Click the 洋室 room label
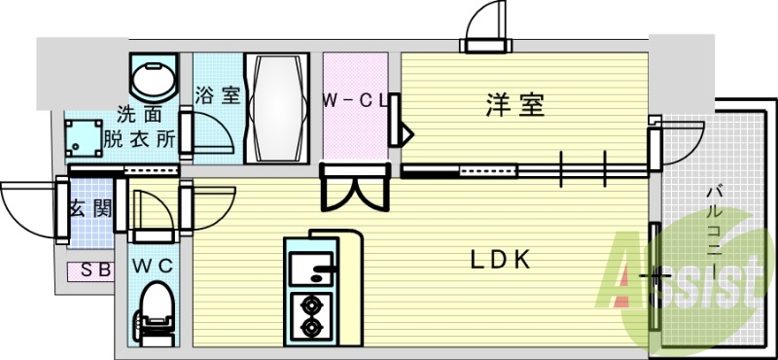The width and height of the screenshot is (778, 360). (x=514, y=105)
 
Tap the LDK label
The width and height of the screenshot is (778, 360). (x=500, y=260)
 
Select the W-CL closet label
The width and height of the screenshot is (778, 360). (x=356, y=99)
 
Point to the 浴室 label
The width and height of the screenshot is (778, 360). (x=217, y=96)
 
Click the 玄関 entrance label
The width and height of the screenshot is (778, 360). (x=88, y=208)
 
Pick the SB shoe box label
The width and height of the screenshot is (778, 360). (x=93, y=271)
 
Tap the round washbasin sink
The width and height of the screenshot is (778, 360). (x=154, y=77)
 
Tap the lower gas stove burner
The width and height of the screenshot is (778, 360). (x=313, y=327)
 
